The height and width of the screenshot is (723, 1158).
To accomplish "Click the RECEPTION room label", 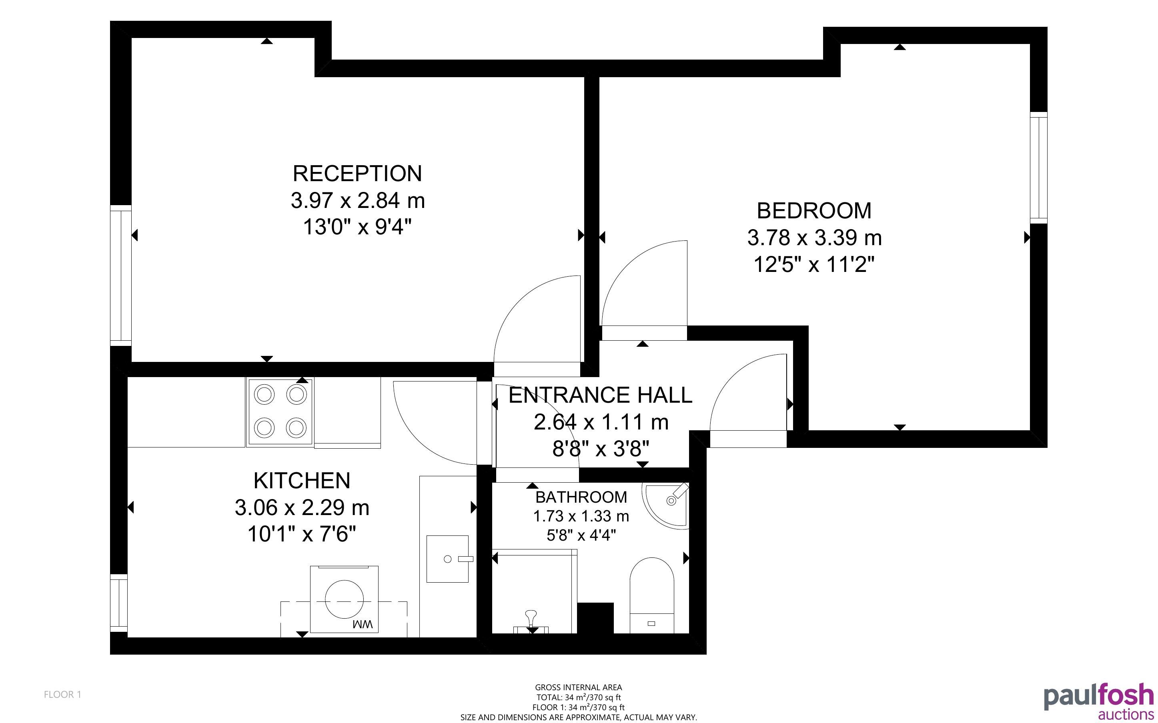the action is [357, 174].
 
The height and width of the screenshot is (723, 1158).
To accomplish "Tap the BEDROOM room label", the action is [814, 211].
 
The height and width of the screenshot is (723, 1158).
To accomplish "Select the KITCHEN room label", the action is [302, 481].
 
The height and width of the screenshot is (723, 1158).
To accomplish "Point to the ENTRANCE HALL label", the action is [600, 395].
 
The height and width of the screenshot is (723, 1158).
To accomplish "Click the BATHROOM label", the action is [581, 497].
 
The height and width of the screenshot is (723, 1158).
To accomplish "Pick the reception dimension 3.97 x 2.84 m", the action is [358, 200].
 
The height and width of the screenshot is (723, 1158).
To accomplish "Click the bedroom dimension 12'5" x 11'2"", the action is [814, 264].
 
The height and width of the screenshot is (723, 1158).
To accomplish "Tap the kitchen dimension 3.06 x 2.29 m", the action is [302, 507].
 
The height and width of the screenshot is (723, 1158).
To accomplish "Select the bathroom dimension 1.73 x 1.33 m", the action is [581, 516].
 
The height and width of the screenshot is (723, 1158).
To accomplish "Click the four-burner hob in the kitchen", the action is [280, 412].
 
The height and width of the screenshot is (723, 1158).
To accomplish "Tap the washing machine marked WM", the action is [345, 599].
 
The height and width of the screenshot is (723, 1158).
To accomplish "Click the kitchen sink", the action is [448, 559].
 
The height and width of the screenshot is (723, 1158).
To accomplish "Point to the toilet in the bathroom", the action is [651, 596].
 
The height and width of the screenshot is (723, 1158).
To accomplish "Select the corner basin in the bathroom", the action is [667, 505].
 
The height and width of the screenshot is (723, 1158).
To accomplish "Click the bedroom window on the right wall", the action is [1038, 168].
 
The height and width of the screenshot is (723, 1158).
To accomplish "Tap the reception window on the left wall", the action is [120, 276].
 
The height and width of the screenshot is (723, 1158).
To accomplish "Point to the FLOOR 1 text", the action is [63, 694].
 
